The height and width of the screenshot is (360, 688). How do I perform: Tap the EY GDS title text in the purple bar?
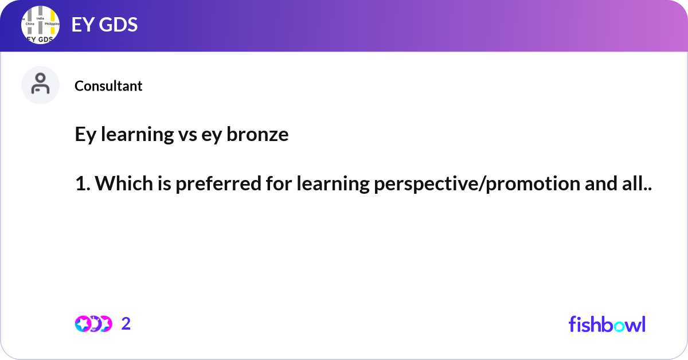(x=104, y=25)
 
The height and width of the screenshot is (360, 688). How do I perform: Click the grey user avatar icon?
(x=40, y=85)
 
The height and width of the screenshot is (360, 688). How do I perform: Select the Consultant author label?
(x=108, y=86)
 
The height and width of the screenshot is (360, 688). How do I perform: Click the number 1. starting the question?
(x=82, y=184)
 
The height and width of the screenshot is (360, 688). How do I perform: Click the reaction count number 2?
(x=126, y=324)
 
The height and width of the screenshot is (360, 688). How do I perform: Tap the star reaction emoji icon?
(x=83, y=324)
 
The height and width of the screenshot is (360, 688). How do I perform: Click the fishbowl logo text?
(x=607, y=324)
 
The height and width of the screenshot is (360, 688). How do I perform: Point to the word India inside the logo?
(x=40, y=18)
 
